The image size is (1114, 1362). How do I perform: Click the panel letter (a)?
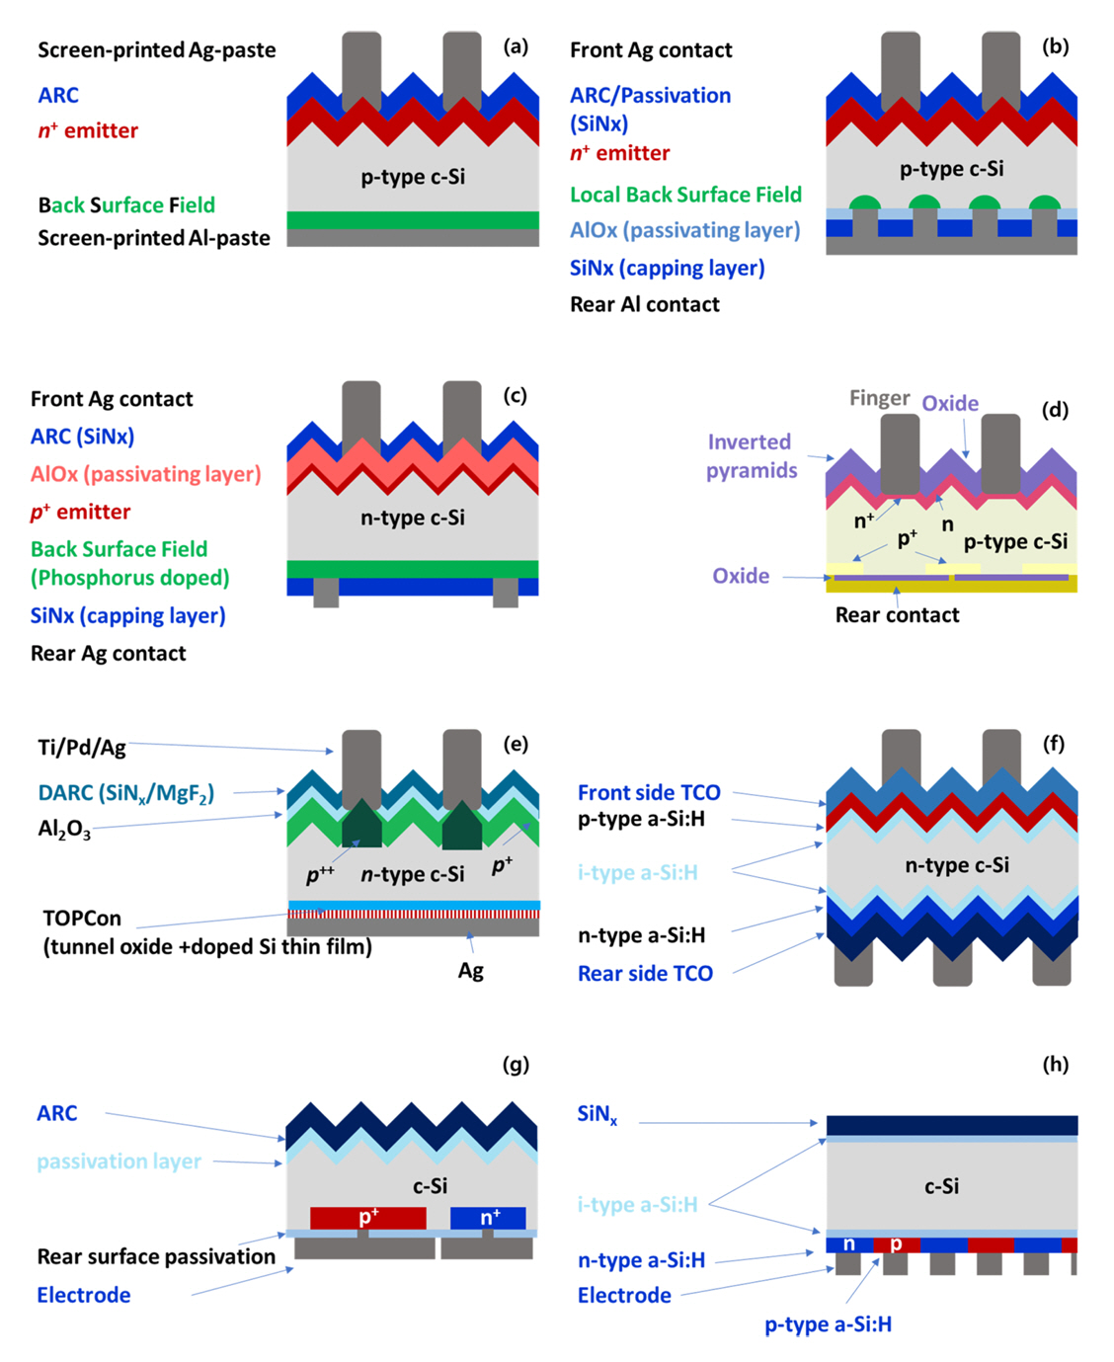[516, 46]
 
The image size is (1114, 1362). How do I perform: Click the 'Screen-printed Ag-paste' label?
[156, 50]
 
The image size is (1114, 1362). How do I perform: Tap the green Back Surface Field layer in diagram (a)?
[413, 219]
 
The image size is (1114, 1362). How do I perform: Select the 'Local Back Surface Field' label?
[685, 195]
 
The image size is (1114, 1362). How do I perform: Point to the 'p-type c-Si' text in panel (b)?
[951, 169]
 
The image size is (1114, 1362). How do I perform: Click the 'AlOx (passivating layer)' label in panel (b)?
[684, 230]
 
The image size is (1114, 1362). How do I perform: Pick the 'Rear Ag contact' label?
[108, 653]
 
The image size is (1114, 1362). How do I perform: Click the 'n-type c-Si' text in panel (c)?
[413, 518]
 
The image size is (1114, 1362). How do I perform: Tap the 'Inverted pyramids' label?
[751, 455]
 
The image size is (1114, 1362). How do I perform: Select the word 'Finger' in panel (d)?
[879, 398]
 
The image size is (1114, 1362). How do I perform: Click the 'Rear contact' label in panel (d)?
[897, 615]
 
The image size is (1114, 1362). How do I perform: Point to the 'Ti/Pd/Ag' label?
[82, 747]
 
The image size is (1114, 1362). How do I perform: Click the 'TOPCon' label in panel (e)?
[82, 918]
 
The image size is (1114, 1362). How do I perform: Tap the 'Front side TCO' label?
[649, 792]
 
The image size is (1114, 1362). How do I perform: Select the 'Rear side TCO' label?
[645, 974]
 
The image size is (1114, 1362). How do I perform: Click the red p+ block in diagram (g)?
[367, 1218]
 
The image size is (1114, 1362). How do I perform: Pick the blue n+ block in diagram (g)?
[488, 1218]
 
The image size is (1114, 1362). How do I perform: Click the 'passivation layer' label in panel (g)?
[119, 1162]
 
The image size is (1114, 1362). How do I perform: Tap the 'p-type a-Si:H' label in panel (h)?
[828, 1324]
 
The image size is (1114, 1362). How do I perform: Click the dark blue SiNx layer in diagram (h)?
[951, 1125]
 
